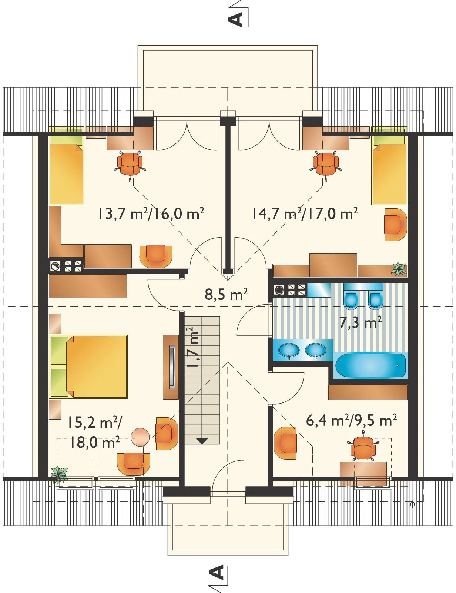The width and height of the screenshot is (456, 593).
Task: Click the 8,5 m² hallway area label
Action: pyautogui.click(x=226, y=295)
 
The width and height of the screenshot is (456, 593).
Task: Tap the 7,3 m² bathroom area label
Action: pyautogui.click(x=360, y=322)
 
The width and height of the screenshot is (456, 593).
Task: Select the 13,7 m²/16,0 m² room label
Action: pyautogui.click(x=151, y=214)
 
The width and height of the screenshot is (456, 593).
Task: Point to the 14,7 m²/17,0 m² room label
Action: pyautogui.click(x=304, y=214)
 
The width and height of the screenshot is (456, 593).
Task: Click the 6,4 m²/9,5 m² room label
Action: pyautogui.click(x=351, y=421)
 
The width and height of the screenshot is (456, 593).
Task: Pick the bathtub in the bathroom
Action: pyautogui.click(x=370, y=365)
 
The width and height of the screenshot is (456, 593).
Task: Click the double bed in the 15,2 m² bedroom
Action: pyautogui.click(x=88, y=367)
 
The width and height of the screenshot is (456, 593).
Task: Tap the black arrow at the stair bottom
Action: pyautogui.click(x=202, y=440)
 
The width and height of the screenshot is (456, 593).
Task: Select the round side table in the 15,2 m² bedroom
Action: pyautogui.click(x=140, y=437)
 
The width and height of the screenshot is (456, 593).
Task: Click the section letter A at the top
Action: pyautogui.click(x=236, y=20)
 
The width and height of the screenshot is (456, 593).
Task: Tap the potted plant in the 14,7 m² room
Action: pyautogui.click(x=399, y=269)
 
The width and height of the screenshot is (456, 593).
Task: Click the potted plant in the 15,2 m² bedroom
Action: pyautogui.click(x=59, y=474)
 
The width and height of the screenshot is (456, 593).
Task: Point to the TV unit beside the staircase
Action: pyautogui.click(x=171, y=367)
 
